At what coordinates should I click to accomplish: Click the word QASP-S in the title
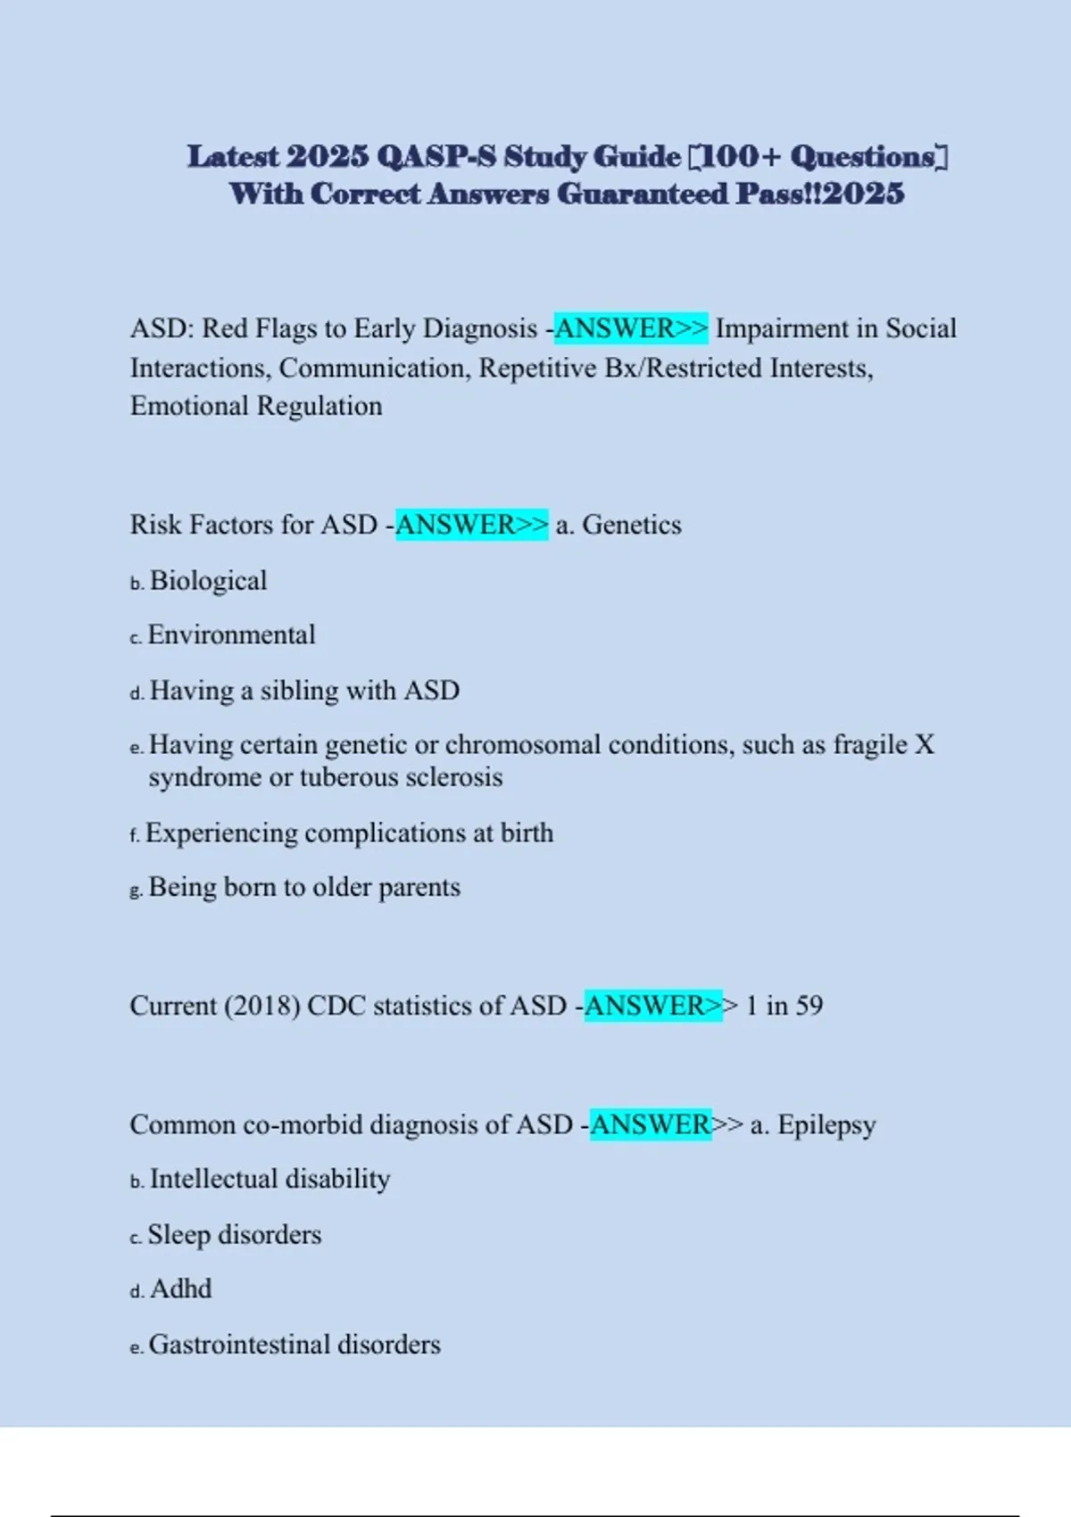436,157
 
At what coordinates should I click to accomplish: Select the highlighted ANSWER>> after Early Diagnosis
631,328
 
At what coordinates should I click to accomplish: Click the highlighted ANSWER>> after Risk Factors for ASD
471,525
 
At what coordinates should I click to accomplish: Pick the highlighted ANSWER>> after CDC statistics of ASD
653,1006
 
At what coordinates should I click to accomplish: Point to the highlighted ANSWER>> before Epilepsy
652,1124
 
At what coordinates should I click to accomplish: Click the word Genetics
632,525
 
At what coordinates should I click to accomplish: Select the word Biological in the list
208,581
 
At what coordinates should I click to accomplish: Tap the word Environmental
231,635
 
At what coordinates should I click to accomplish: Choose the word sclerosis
454,777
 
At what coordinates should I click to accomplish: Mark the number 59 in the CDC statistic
809,1006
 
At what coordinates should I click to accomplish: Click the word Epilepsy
826,1124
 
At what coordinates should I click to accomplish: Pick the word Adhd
181,1289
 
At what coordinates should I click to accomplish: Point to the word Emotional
189,406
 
